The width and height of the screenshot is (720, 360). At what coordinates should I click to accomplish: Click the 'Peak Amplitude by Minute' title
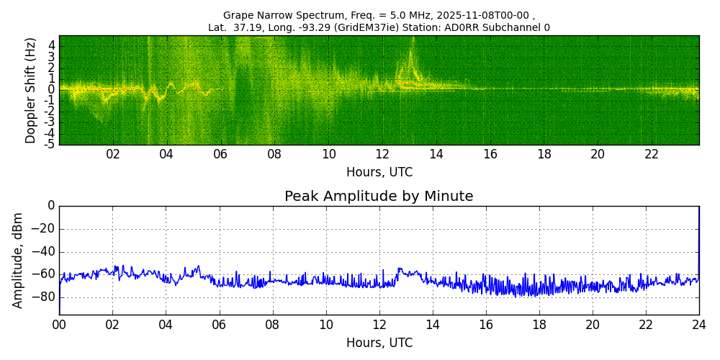pos(379,197)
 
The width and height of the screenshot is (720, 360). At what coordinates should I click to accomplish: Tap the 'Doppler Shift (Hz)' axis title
pos(31,91)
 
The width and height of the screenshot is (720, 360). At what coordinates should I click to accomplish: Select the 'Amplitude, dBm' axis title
pos(19,260)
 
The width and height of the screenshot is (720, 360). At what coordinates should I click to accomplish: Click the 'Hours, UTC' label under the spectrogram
pos(379,173)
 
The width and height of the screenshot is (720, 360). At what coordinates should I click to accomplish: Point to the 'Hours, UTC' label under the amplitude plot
pos(379,343)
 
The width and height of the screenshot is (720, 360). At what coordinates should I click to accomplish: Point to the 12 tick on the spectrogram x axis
pos(382,154)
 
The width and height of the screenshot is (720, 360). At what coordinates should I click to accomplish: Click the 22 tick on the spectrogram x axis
pos(652,154)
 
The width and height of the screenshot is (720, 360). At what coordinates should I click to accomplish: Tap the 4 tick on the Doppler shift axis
pos(51,45)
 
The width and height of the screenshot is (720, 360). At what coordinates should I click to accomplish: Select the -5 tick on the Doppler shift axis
pos(49,145)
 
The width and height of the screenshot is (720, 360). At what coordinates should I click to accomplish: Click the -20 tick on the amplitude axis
pos(45,229)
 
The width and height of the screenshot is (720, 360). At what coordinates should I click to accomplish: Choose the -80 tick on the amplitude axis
pos(45,297)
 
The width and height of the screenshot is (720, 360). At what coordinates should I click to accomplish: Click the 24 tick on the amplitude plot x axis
pos(699,325)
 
